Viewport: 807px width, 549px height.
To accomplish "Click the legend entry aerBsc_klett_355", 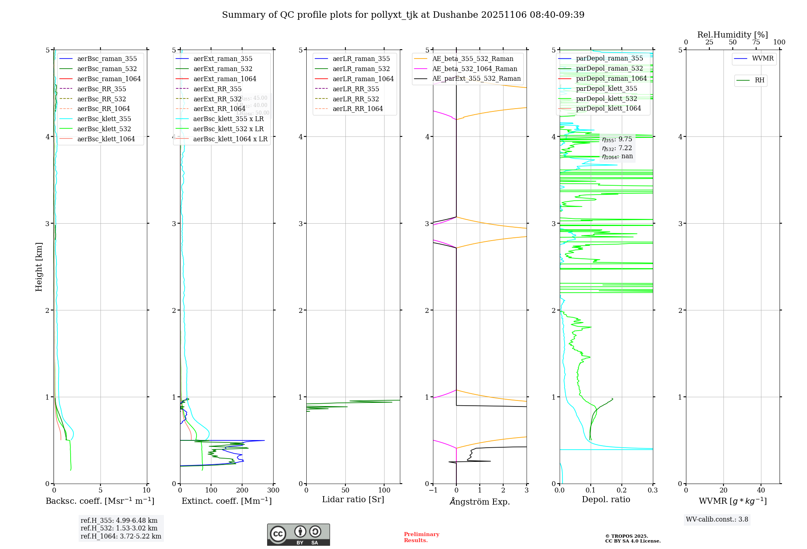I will (104, 119).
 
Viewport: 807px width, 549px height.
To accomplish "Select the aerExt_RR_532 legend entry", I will (217, 99).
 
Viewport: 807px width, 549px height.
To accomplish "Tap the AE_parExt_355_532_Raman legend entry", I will (476, 79).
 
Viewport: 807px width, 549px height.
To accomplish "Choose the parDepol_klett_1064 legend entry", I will (608, 109).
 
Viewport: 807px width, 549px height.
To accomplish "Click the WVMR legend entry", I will (763, 59).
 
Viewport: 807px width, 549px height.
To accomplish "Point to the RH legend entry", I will (759, 80).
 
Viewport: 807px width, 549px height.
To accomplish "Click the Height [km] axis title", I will (39, 267).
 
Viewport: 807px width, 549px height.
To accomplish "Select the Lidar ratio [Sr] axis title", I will (353, 499).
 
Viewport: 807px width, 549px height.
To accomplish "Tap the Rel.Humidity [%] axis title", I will (732, 35).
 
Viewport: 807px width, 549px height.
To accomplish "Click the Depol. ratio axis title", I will (606, 499).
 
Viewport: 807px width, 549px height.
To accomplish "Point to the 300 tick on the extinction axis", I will (273, 490).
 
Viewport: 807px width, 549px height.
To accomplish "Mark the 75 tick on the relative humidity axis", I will (756, 42).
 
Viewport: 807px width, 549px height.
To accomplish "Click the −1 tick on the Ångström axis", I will (433, 490).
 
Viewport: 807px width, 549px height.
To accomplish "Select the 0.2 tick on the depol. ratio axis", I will (622, 490).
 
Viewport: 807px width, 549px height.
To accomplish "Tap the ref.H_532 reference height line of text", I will (119, 528).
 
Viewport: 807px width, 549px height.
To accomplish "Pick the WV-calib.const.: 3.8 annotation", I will (717, 520).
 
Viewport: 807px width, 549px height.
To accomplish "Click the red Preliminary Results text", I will (421, 537).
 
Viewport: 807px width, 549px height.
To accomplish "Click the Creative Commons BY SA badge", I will (298, 535).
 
